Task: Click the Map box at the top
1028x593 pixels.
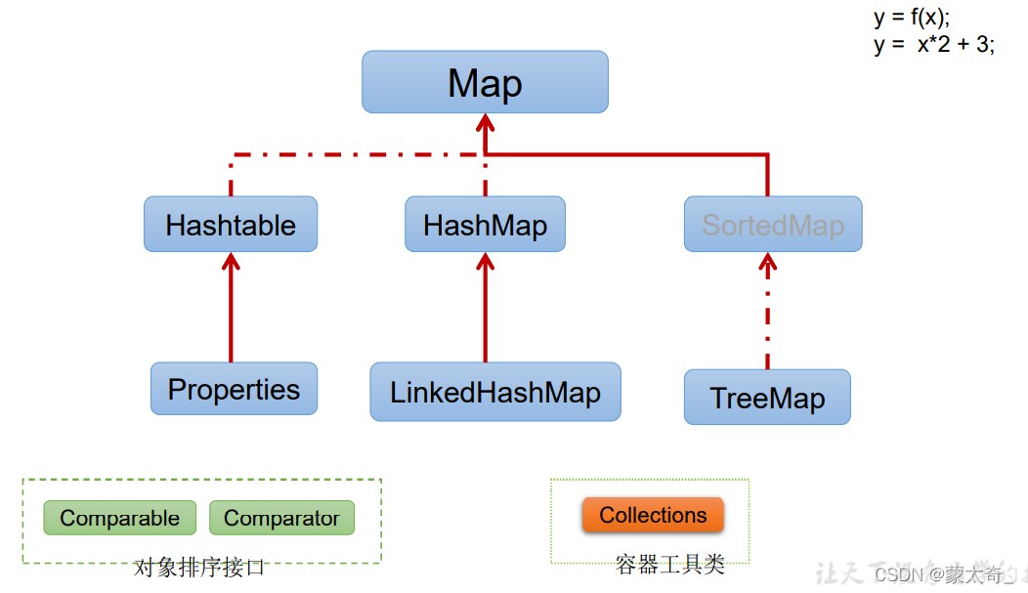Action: (x=485, y=82)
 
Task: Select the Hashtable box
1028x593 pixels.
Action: (x=231, y=225)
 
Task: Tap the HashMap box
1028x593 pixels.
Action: (x=485, y=225)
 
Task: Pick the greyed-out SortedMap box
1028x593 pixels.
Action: (x=772, y=225)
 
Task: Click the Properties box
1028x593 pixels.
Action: (x=234, y=389)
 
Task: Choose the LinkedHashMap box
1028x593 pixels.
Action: (x=494, y=392)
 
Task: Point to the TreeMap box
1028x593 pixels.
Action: (x=767, y=397)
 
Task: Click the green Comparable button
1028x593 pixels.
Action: (x=119, y=518)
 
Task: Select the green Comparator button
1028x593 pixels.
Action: (x=281, y=518)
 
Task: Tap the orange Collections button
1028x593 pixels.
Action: (x=653, y=515)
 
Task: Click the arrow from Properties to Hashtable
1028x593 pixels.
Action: (x=232, y=308)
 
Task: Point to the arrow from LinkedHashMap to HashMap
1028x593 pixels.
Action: (x=486, y=308)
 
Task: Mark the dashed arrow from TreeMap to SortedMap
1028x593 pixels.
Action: (x=768, y=313)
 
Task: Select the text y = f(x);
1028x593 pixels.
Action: (x=911, y=18)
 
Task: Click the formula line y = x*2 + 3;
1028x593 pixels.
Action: (x=934, y=45)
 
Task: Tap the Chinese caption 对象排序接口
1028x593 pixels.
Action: (x=199, y=567)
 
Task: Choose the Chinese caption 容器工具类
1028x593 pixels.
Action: (x=670, y=564)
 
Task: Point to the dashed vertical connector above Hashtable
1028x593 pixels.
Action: (x=232, y=176)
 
